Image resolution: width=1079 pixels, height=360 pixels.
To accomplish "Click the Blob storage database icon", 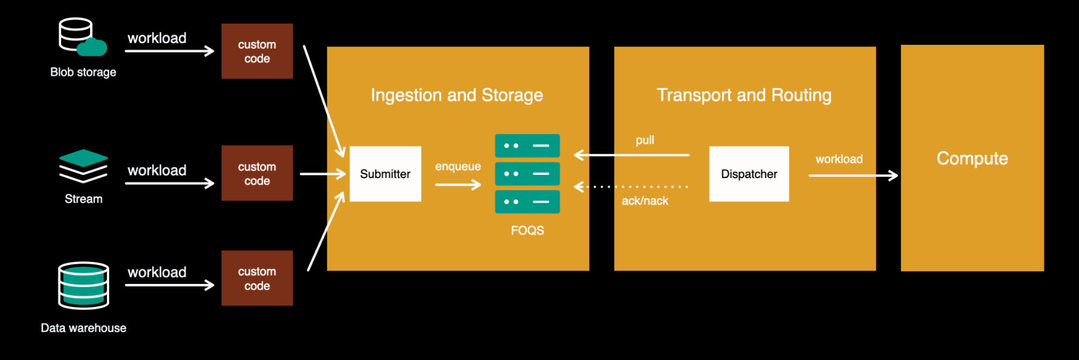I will coord(81,37).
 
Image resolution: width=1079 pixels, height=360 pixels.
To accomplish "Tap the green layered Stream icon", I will coord(83,166).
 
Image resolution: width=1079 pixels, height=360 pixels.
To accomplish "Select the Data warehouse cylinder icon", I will coord(84,286).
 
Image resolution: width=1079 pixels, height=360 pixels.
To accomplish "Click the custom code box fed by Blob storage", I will coord(257,51).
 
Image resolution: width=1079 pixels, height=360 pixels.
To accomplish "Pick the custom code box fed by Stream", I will coord(257,173).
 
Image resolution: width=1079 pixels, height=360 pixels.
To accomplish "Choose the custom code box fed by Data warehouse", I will coord(257,278).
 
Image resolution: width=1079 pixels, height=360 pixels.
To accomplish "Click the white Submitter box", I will coord(385,174).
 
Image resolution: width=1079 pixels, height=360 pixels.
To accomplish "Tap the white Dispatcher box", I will coord(749,174).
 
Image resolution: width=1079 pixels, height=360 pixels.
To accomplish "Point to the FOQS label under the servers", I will coord(527,230).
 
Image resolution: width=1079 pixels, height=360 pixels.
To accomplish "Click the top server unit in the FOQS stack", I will coord(527,146).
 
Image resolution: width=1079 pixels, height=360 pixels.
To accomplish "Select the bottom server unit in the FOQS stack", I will coord(527,202).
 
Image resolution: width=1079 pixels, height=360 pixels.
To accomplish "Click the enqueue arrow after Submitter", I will coord(458,185).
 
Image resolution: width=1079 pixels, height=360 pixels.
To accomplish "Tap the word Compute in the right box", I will coord(972,158).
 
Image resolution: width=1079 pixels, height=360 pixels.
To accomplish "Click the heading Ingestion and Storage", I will coord(457,95).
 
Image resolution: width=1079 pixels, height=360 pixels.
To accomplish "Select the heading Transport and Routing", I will coord(744,95).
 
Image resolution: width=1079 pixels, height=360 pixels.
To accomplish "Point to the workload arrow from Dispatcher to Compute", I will coord(853,175).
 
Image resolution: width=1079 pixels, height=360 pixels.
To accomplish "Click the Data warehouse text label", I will coord(84,328).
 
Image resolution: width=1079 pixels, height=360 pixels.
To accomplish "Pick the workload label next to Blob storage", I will coord(157,38).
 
